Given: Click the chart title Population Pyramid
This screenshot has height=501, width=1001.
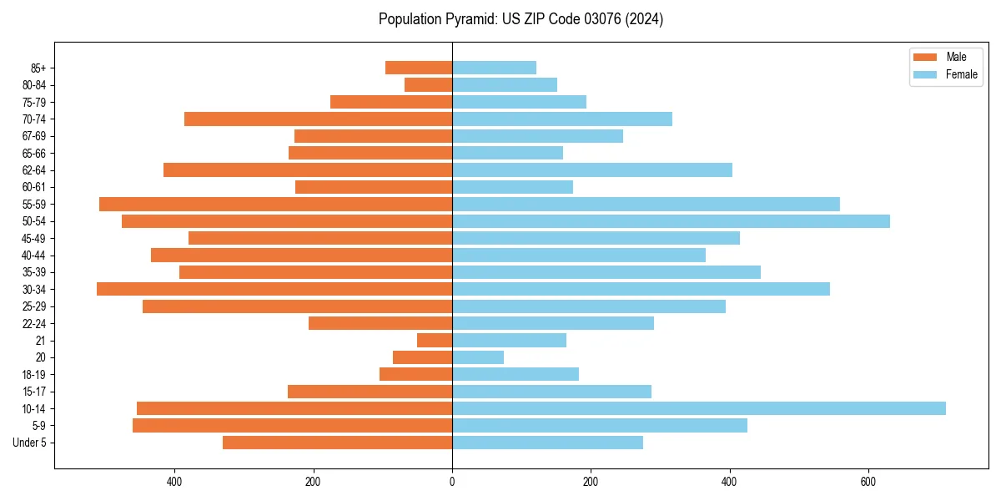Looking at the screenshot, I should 521,19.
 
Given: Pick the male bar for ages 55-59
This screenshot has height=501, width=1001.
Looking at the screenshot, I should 275,204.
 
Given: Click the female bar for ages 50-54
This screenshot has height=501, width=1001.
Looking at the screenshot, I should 671,221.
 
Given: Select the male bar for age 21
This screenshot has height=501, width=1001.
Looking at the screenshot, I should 435,341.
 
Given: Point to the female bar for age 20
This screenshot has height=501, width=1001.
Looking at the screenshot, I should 478,357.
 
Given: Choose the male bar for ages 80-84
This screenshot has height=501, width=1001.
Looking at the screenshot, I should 428,85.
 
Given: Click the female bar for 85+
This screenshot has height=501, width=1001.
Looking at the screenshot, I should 494,68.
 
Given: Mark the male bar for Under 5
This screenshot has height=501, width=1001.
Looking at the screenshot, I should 337,443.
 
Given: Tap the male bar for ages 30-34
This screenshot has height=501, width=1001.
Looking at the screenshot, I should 274,289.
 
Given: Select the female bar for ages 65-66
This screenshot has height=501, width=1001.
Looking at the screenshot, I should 507,153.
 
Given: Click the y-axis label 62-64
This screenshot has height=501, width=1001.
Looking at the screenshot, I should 34,170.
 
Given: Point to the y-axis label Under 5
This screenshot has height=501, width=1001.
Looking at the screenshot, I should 30,443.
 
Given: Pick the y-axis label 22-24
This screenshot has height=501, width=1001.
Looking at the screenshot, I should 34,323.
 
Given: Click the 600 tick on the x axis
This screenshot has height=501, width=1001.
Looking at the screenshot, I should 868,482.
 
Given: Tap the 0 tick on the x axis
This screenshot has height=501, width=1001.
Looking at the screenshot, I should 452,482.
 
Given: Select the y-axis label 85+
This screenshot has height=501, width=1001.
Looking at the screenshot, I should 38,68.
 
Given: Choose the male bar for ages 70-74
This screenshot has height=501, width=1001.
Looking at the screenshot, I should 318,119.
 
